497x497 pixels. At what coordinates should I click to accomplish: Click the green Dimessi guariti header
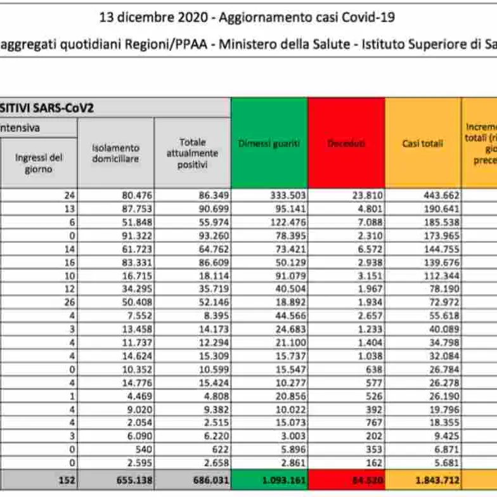(269, 144)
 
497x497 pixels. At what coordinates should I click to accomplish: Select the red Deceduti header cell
(346, 144)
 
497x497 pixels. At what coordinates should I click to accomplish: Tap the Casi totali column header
(423, 144)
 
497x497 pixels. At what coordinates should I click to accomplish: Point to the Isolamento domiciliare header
(115, 153)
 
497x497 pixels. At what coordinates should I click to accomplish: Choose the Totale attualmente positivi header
(192, 153)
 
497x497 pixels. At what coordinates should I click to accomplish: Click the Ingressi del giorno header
(39, 163)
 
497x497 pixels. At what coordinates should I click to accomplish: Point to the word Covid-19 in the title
(368, 17)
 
